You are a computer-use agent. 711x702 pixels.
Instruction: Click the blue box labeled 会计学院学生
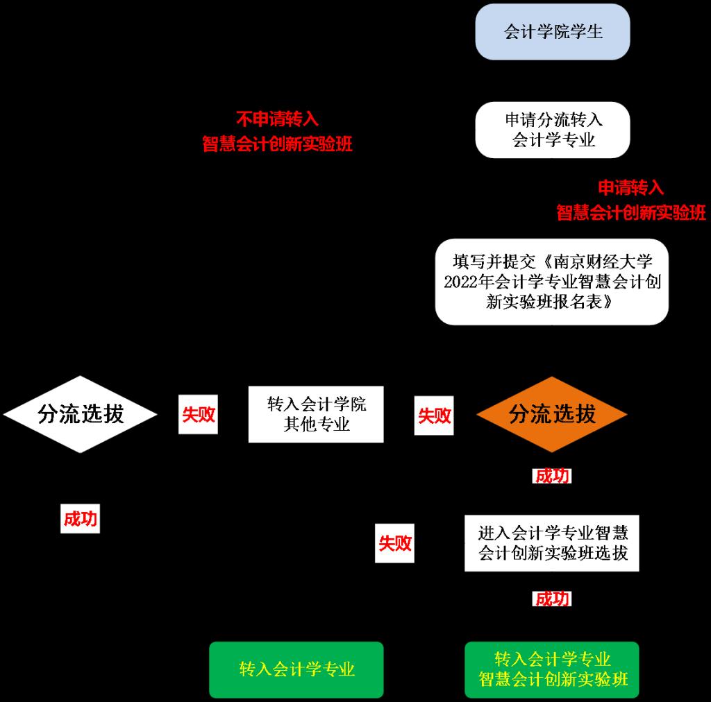point(552,32)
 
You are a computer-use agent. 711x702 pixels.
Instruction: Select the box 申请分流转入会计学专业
point(552,130)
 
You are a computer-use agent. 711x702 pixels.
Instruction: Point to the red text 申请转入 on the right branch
point(631,187)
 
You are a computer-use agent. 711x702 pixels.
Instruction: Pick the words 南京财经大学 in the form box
point(612,262)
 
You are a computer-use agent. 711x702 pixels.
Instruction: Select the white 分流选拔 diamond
point(81,414)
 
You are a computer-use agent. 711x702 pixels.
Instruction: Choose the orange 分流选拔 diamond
point(552,414)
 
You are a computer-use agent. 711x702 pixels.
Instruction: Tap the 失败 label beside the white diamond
point(198,415)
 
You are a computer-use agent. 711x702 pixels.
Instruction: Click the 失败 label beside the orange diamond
point(434,416)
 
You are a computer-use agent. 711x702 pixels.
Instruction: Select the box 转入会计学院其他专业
point(316,414)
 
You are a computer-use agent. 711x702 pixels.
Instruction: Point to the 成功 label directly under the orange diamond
point(552,476)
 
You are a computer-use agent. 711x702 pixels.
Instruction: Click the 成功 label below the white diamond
point(80,519)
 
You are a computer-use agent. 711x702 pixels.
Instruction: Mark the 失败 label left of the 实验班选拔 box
point(394,543)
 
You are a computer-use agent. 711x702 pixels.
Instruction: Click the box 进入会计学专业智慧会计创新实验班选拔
point(552,543)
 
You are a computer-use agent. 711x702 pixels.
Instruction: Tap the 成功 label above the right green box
point(552,599)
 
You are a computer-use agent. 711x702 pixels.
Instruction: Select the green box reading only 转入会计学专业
point(296,669)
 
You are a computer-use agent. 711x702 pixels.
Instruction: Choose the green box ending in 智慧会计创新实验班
point(552,669)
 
